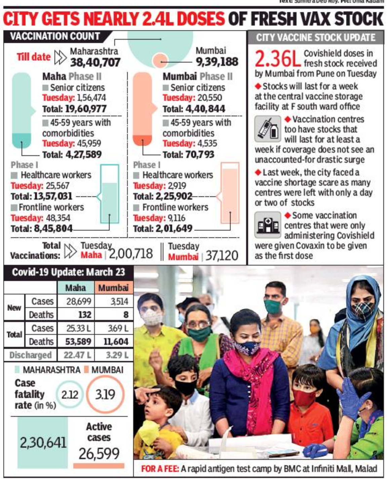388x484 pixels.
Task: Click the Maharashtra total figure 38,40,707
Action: point(95,63)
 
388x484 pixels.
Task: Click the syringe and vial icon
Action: point(268,129)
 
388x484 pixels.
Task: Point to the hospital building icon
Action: point(267,225)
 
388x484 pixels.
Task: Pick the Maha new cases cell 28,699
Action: point(79,301)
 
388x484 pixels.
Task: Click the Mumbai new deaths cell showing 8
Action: point(126,315)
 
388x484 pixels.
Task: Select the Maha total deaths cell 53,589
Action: point(78,341)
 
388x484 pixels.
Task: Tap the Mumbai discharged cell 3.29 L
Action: point(117,355)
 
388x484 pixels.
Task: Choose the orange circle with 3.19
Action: point(105,394)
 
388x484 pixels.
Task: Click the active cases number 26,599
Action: point(99,454)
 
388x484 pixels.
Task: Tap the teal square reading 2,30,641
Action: point(43,443)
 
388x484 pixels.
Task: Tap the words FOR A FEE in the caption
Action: point(160,469)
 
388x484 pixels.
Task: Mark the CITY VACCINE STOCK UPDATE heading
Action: point(316,38)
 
